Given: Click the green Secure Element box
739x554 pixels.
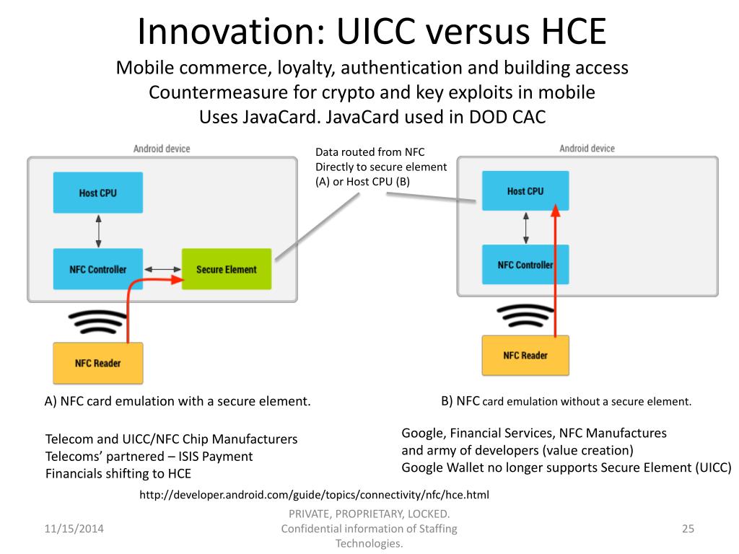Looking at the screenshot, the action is (226, 269).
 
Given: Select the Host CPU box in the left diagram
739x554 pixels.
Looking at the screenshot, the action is (98, 193).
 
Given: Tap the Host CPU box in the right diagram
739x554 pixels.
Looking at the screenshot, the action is (525, 191).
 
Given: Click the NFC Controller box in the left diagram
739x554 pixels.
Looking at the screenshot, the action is (98, 269).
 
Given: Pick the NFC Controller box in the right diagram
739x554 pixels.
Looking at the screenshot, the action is (525, 265).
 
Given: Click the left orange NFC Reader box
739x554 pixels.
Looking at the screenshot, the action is (98, 363).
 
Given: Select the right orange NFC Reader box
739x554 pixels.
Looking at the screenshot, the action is (525, 355).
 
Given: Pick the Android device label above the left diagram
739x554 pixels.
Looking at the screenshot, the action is (162, 149).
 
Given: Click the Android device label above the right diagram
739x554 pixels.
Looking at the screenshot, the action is (587, 149).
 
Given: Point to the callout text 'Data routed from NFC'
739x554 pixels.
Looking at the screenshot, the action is (370, 152).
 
